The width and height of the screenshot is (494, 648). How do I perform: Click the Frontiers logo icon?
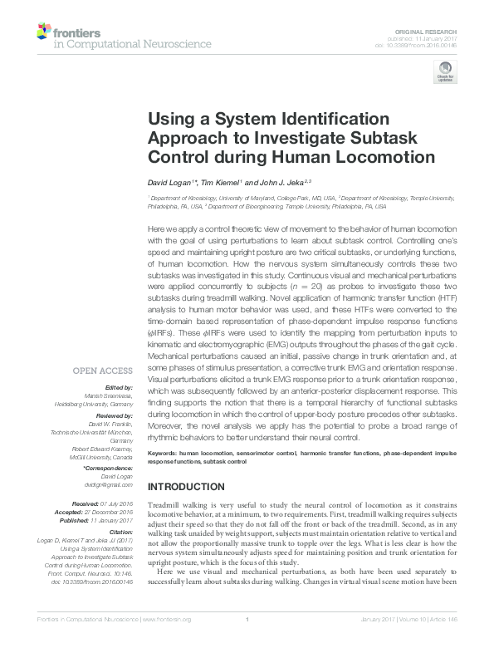pos(43,32)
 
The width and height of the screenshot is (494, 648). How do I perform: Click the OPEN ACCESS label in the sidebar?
pos(104,371)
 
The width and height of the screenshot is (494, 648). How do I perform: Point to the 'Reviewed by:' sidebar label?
pos(113,414)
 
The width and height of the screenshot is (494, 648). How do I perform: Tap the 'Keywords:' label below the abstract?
pos(165,453)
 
